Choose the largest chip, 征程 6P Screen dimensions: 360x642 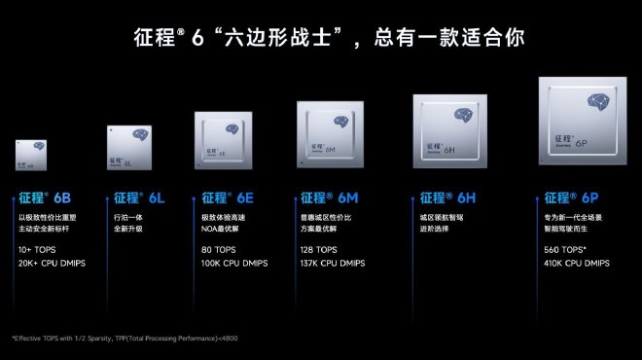click(x=579, y=121)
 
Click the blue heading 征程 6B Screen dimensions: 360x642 click(x=42, y=198)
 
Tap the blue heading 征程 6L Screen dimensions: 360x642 click(x=135, y=198)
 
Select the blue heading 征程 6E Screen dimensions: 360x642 click(x=230, y=198)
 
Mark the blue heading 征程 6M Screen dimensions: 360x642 click(x=329, y=198)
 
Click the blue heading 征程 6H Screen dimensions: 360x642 click(x=447, y=198)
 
